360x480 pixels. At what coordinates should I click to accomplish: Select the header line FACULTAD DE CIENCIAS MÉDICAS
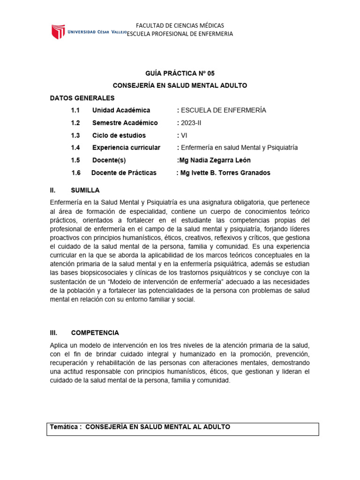click(x=180, y=25)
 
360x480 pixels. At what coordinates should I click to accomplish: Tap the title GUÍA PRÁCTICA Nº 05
click(x=180, y=73)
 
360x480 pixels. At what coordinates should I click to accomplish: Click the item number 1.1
click(x=75, y=110)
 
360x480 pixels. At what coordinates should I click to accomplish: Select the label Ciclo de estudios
click(x=119, y=135)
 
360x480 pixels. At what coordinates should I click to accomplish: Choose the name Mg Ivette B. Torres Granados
click(x=225, y=172)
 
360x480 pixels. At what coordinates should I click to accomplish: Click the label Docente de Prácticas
click(x=124, y=172)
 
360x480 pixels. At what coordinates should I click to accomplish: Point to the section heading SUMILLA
click(x=85, y=190)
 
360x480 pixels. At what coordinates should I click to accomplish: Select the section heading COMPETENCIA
click(x=95, y=332)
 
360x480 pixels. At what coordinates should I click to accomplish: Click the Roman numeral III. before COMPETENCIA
click(x=53, y=332)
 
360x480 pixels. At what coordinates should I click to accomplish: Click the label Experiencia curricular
click(x=126, y=148)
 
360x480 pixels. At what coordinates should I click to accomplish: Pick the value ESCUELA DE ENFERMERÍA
click(x=223, y=110)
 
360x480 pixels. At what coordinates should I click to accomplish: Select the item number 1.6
click(x=76, y=172)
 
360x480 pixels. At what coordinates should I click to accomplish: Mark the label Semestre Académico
click(x=125, y=123)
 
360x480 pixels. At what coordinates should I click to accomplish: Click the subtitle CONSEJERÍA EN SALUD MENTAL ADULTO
click(x=180, y=86)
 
